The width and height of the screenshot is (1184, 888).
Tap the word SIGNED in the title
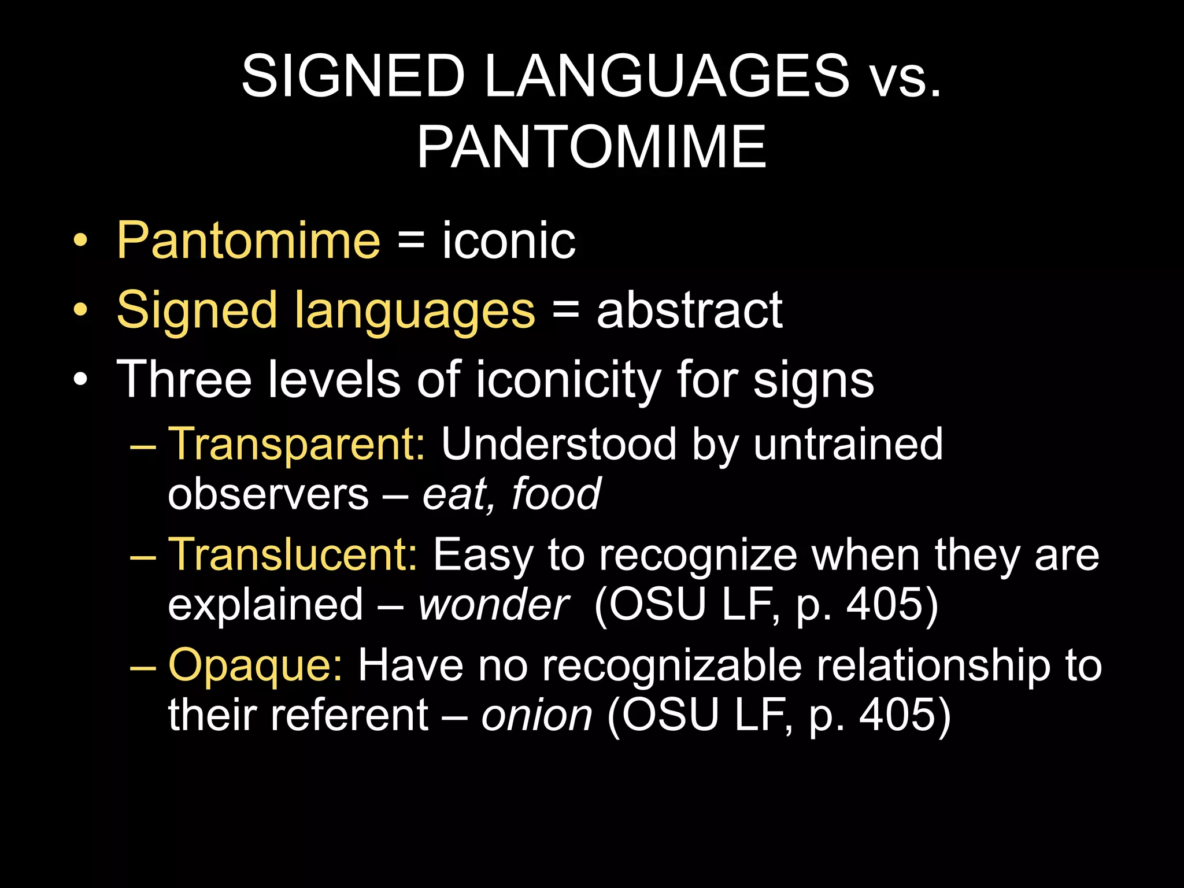click(353, 76)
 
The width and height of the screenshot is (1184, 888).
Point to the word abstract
click(689, 310)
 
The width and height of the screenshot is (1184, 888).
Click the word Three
click(184, 380)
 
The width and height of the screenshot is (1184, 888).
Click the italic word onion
click(536, 716)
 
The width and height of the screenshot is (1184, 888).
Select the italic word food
click(556, 495)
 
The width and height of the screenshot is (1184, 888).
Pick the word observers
click(268, 495)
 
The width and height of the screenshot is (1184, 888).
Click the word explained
click(265, 605)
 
